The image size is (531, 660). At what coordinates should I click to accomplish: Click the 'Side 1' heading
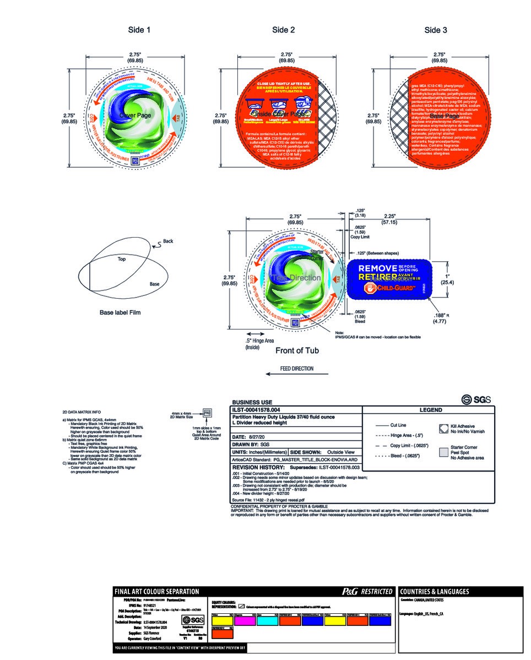point(139,30)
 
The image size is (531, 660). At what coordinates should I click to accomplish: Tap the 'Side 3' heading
point(435,30)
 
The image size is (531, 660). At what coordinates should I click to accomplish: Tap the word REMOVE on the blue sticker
point(377,268)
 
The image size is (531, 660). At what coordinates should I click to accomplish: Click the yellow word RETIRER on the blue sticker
point(377,277)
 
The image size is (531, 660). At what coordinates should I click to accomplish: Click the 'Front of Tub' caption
point(297,350)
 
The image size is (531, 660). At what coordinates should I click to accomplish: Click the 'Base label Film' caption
point(120,312)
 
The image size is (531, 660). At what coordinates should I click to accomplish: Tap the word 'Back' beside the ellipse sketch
point(168,241)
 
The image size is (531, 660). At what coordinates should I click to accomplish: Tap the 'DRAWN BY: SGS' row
point(251,443)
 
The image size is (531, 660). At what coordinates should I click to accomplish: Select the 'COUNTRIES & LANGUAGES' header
point(435,592)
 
